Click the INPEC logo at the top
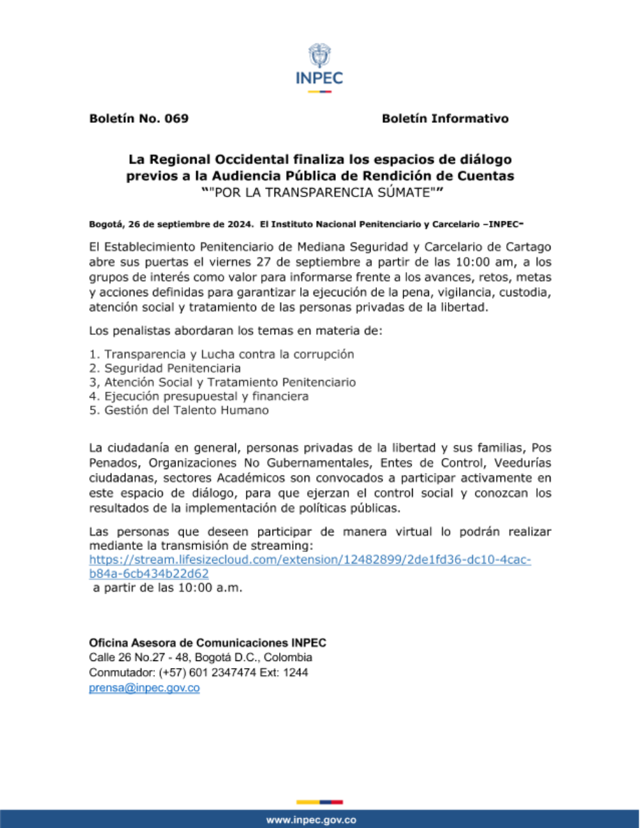tap(319, 67)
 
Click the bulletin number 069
tap(176, 118)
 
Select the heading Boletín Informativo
tap(445, 118)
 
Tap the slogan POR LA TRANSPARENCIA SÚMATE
tap(322, 192)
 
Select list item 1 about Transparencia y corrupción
tap(221, 354)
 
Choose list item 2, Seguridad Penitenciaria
tap(165, 368)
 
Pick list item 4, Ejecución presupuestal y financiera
tap(198, 396)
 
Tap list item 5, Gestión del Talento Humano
tap(179, 410)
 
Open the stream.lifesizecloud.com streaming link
tap(310, 560)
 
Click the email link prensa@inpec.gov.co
tap(144, 688)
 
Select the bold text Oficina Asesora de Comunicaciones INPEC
tap(207, 642)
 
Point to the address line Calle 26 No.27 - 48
tap(200, 657)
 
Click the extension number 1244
tap(296, 673)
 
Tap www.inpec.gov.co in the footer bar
tap(311, 820)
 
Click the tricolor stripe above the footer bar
tap(319, 802)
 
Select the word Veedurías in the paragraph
tap(522, 463)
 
